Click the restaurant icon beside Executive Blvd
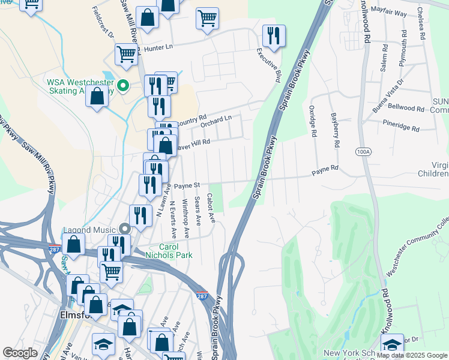click(274, 35)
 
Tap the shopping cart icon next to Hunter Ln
click(127, 54)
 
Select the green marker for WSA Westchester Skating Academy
click(124, 86)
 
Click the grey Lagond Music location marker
click(124, 229)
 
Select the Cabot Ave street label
click(211, 207)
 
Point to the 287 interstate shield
click(203, 296)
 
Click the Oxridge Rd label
click(312, 120)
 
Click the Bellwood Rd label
click(406, 108)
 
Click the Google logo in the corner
click(20, 353)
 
